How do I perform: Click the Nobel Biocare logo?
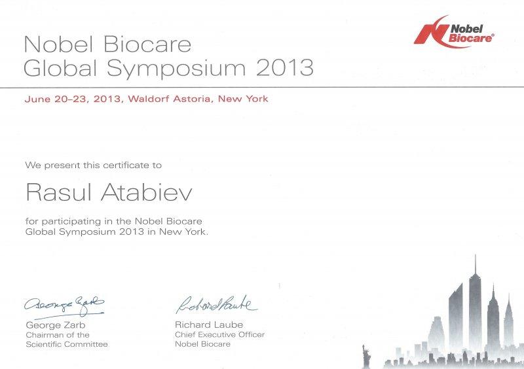pos(454,31)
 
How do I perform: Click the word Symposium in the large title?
pos(176,69)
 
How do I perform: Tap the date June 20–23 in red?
pos(56,99)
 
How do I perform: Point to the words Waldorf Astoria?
pos(170,99)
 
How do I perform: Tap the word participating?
pos(67,222)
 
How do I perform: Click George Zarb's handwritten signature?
pos(64,307)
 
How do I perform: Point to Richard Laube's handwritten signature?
pos(217,304)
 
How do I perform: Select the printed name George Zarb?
pos(56,325)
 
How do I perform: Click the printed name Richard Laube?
pos(209,325)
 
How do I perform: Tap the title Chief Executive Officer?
pos(219,334)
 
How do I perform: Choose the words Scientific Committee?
pos(67,344)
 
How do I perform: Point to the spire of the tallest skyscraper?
pos(476,265)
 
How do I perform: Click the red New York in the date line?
pos(243,99)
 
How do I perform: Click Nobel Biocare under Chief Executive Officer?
pos(202,344)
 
